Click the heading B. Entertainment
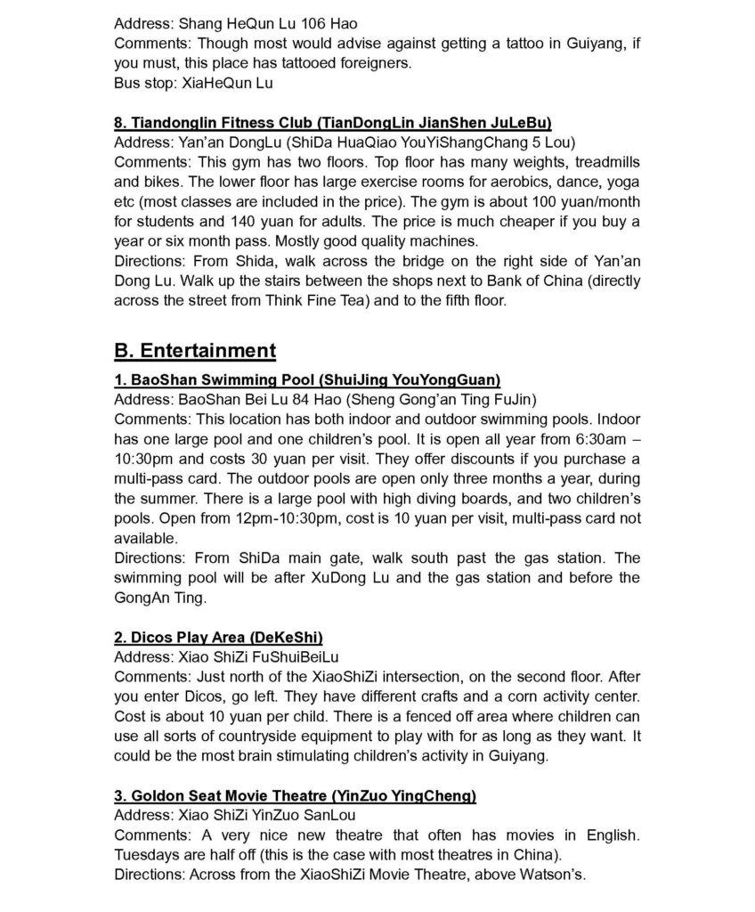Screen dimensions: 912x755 (195, 350)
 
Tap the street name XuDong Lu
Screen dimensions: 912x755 (351, 578)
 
